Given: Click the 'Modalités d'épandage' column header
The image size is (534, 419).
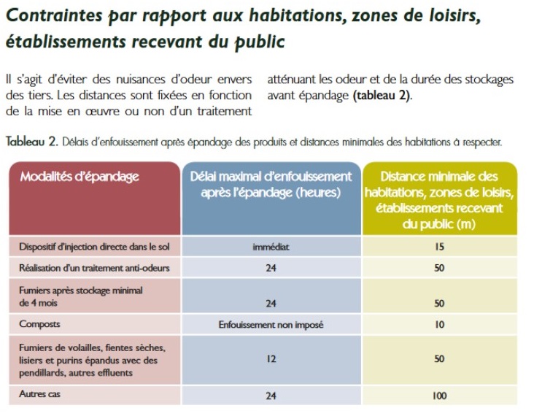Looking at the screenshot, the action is (80, 177).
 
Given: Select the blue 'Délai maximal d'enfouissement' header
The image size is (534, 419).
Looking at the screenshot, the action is (271, 184).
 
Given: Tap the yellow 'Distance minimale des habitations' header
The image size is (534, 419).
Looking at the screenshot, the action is (439, 200).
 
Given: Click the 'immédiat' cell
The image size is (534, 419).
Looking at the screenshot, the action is (271, 247).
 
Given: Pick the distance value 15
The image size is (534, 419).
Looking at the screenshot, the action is (439, 247).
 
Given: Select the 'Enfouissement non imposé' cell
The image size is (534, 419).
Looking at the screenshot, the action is (271, 325).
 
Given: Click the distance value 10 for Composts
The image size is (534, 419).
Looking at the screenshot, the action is (439, 325).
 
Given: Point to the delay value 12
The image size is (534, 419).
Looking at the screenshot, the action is (271, 359).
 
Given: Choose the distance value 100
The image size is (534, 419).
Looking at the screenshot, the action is (439, 396).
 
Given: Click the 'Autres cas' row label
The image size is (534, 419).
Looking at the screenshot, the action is (39, 394).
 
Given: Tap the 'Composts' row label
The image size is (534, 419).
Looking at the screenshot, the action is (39, 324).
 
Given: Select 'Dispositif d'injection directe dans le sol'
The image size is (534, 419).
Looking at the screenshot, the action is (94, 247).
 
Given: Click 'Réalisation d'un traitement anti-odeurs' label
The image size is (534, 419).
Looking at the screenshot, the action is (94, 268).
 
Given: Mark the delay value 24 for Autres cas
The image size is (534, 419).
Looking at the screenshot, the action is (271, 396).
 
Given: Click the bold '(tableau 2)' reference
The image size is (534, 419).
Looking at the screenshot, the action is (382, 96).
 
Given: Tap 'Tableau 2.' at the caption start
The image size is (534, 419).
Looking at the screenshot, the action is (32, 142).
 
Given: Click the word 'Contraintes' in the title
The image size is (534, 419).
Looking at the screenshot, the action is (54, 15).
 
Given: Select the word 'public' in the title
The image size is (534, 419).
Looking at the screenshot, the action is (259, 42).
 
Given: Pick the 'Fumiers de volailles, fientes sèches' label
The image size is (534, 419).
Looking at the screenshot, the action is (93, 347).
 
